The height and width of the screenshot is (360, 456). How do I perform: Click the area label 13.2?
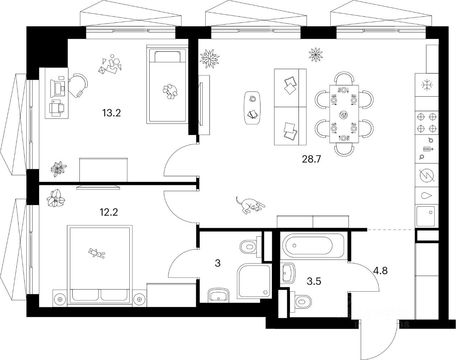(x=112, y=113)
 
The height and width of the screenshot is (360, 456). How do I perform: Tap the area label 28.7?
(x=312, y=159)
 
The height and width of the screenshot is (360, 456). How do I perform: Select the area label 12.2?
(x=109, y=213)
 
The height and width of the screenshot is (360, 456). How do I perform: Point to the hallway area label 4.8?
(x=380, y=270)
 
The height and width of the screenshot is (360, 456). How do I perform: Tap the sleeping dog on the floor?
(x=250, y=205)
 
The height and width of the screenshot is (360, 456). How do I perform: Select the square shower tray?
(x=253, y=281)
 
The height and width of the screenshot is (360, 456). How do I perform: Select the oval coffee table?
(x=253, y=108)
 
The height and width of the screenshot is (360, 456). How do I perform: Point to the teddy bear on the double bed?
(x=97, y=253)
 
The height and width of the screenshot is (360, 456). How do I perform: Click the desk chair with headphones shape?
(x=79, y=85)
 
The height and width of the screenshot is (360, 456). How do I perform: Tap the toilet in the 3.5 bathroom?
(x=302, y=301)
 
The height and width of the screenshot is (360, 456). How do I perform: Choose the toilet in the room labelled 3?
(x=249, y=246)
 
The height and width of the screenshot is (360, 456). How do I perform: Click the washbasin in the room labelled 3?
(x=218, y=295)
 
